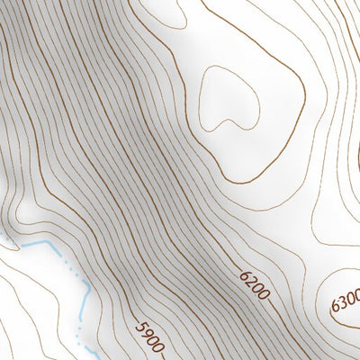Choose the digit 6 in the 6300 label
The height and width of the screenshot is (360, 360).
[336, 308]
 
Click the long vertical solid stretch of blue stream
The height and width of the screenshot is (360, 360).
[82, 301]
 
